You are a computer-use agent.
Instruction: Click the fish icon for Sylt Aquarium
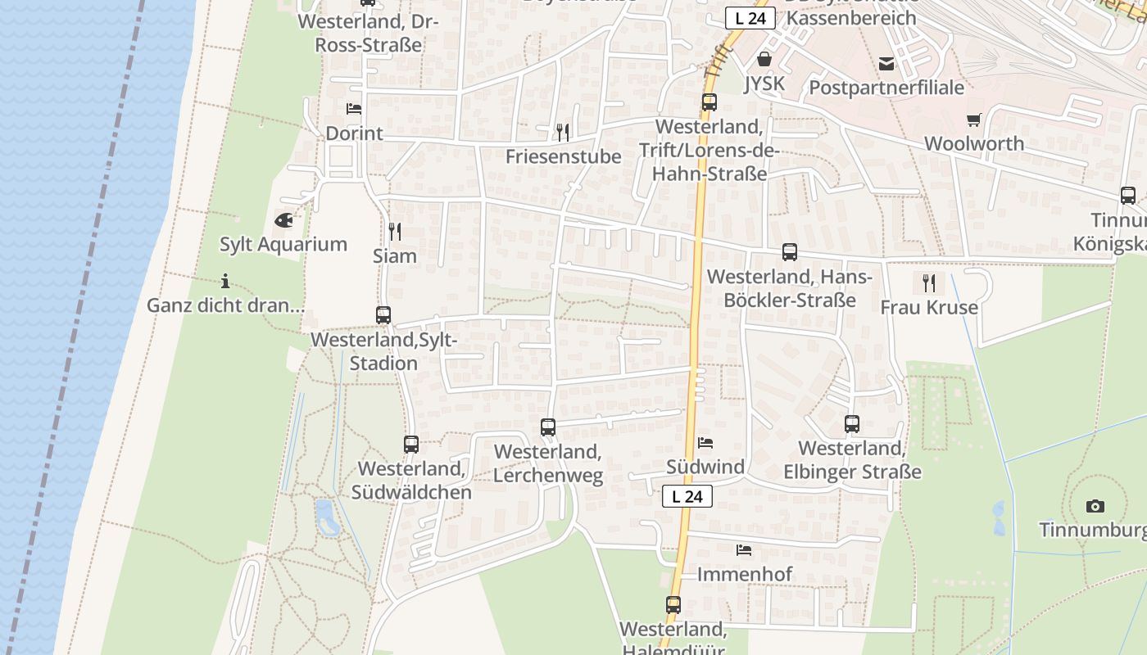(283, 219)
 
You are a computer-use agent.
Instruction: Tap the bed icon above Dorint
(354, 108)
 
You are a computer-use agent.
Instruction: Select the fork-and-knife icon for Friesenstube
(562, 132)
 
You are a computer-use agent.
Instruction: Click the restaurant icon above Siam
(395, 231)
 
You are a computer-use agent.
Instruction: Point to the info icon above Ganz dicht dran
(225, 282)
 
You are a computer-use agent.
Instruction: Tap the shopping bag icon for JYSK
(764, 59)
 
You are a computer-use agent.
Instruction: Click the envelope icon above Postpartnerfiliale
(886, 63)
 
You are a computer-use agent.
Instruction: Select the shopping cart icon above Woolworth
(973, 120)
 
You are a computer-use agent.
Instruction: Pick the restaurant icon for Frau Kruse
(929, 283)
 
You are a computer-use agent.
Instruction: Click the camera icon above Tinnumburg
(1095, 506)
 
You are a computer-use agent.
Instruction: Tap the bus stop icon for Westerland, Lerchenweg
(548, 427)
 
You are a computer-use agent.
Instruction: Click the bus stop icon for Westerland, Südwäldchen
(411, 445)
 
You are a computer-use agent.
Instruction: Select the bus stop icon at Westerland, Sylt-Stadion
(383, 314)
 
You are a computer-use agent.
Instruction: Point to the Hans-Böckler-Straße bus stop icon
(790, 252)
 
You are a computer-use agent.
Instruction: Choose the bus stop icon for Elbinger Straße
(852, 424)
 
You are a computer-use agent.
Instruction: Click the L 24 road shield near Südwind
(687, 496)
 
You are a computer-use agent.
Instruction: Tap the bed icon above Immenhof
(744, 550)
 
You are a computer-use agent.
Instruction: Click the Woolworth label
(974, 143)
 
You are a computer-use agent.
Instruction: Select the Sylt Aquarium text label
(283, 244)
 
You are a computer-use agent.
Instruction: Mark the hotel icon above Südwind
(705, 443)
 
